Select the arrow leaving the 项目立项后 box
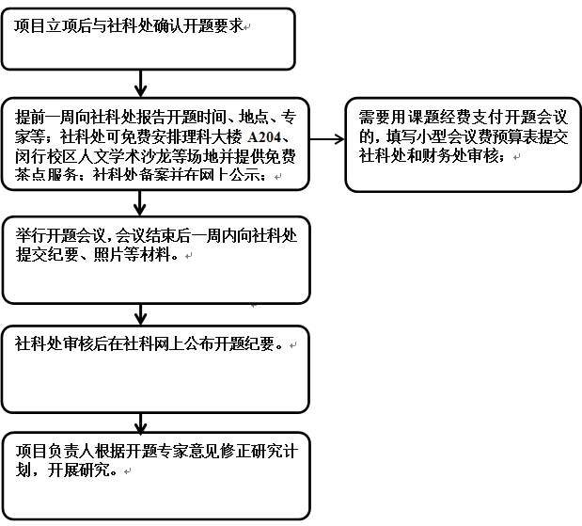[x=141, y=84]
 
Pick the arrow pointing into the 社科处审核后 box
[x=141, y=314]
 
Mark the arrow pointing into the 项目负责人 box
[x=141, y=420]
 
